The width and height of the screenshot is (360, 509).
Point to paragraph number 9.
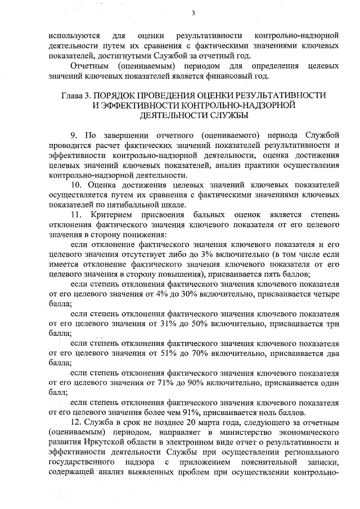[x=74, y=136]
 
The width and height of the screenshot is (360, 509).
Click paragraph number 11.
[x=76, y=215]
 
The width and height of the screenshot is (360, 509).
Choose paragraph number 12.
[x=76, y=422]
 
